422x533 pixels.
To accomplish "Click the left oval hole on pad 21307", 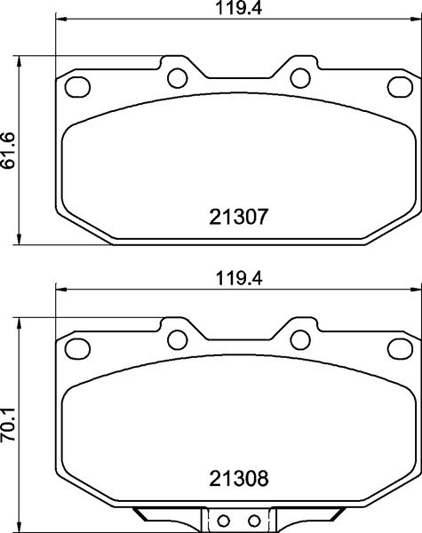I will pos(79,86).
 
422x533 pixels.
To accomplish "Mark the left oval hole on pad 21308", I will pos(79,349).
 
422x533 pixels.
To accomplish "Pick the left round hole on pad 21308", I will pos(176,337).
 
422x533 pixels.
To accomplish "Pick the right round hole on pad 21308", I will pos(299,337).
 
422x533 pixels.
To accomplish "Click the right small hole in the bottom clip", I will pos(252,521).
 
